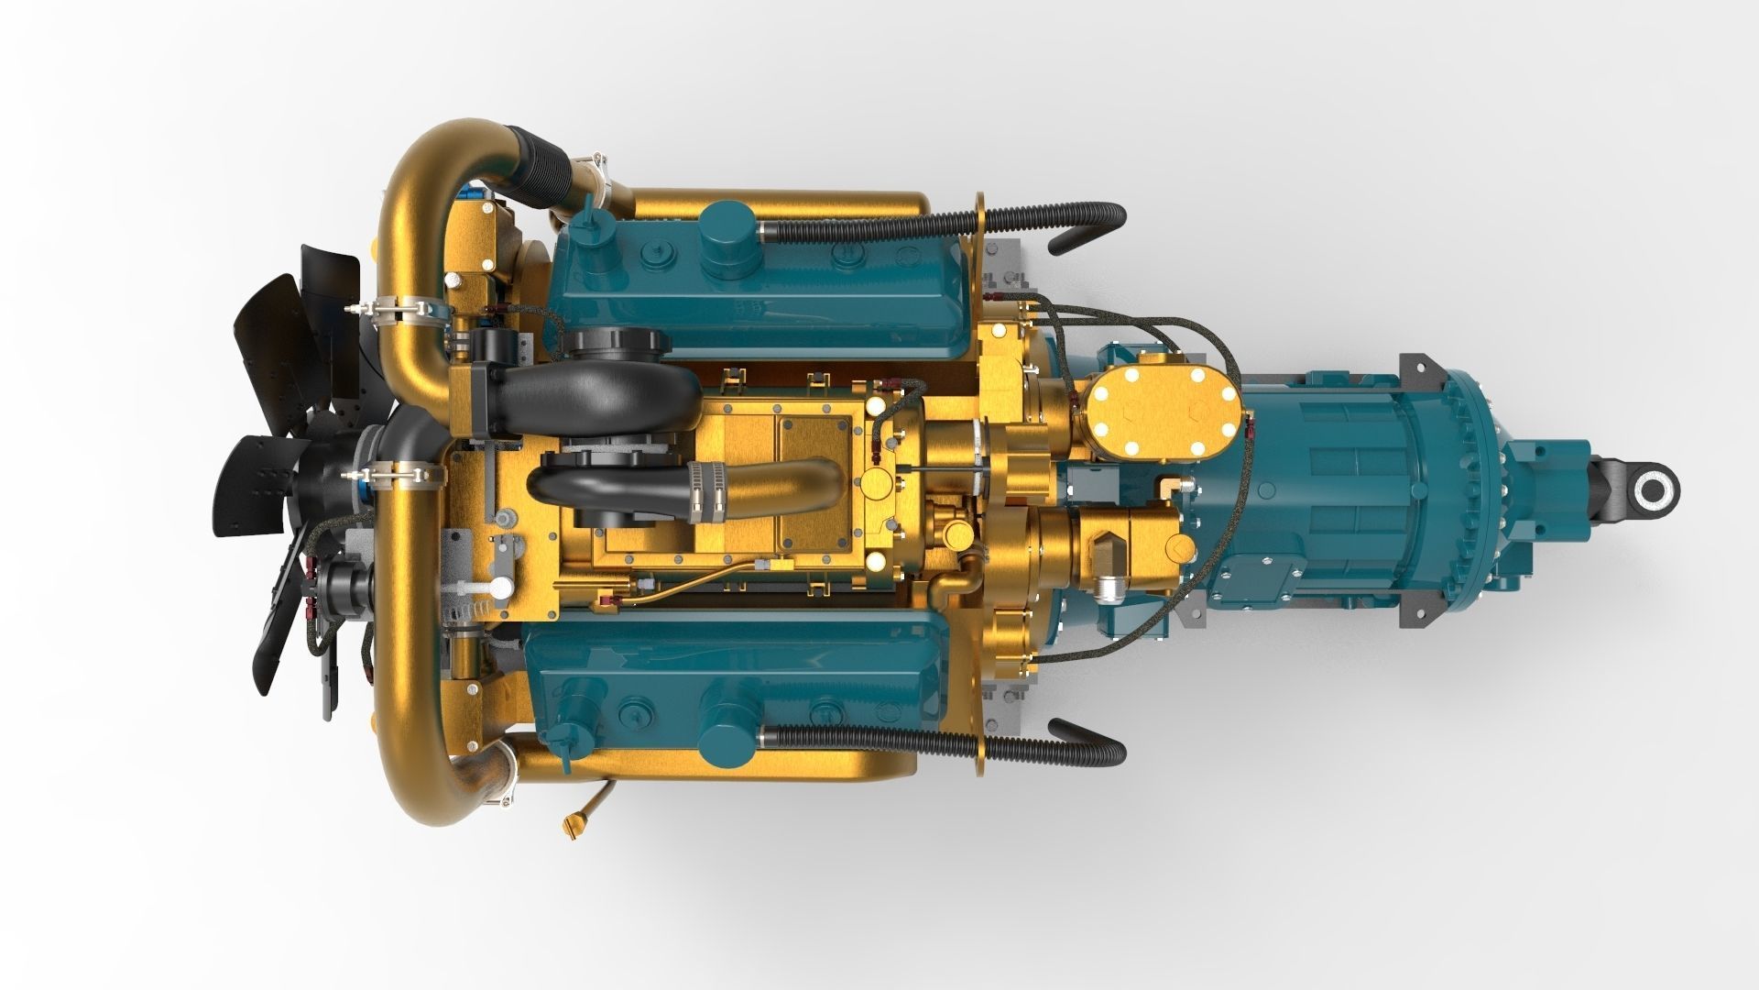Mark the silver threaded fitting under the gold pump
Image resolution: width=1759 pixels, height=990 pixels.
[1109, 587]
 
